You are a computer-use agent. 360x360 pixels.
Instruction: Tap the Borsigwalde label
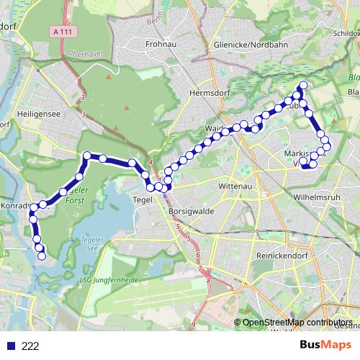click(191, 214)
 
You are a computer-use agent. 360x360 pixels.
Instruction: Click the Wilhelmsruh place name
click(318, 196)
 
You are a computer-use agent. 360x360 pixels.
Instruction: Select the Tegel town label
click(142, 200)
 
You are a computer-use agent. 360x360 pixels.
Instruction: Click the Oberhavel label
click(81, 52)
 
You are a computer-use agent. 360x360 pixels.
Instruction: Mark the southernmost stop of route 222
click(42, 256)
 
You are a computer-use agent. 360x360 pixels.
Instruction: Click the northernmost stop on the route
click(302, 86)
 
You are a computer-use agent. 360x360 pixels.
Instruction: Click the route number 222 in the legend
click(30, 346)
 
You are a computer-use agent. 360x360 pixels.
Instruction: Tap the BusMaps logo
click(325, 345)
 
